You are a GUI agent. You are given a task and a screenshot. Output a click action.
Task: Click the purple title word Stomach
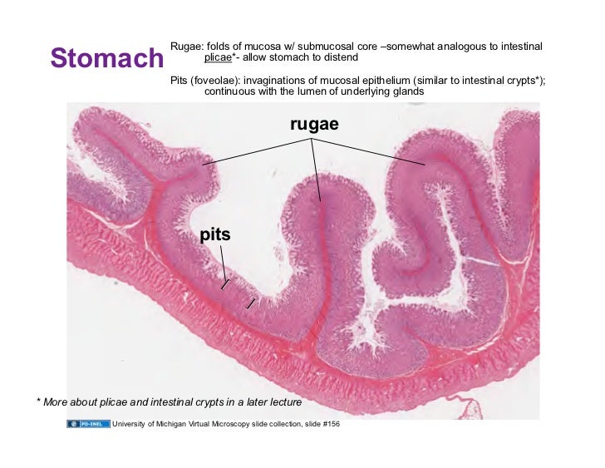pyautogui.click(x=106, y=58)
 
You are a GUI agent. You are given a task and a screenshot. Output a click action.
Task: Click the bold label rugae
pyautogui.click(x=314, y=125)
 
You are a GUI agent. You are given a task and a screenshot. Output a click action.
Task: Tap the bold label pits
pyautogui.click(x=214, y=235)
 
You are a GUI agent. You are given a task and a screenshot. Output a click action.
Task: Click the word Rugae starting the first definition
pyautogui.click(x=185, y=45)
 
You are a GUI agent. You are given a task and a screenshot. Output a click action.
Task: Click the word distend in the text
pyautogui.click(x=342, y=57)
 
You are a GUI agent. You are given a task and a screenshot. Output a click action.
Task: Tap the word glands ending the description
pyautogui.click(x=407, y=91)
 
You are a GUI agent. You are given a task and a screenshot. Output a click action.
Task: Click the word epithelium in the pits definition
pyautogui.click(x=388, y=80)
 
